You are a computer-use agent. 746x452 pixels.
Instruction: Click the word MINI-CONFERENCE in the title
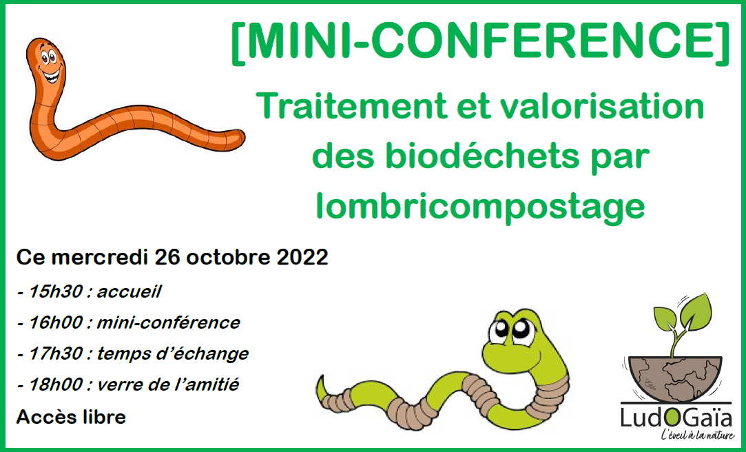click(480, 43)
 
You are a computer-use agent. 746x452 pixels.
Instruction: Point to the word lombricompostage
click(480, 206)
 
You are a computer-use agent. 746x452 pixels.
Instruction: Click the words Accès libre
click(71, 417)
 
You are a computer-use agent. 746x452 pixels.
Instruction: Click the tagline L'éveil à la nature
click(696, 436)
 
